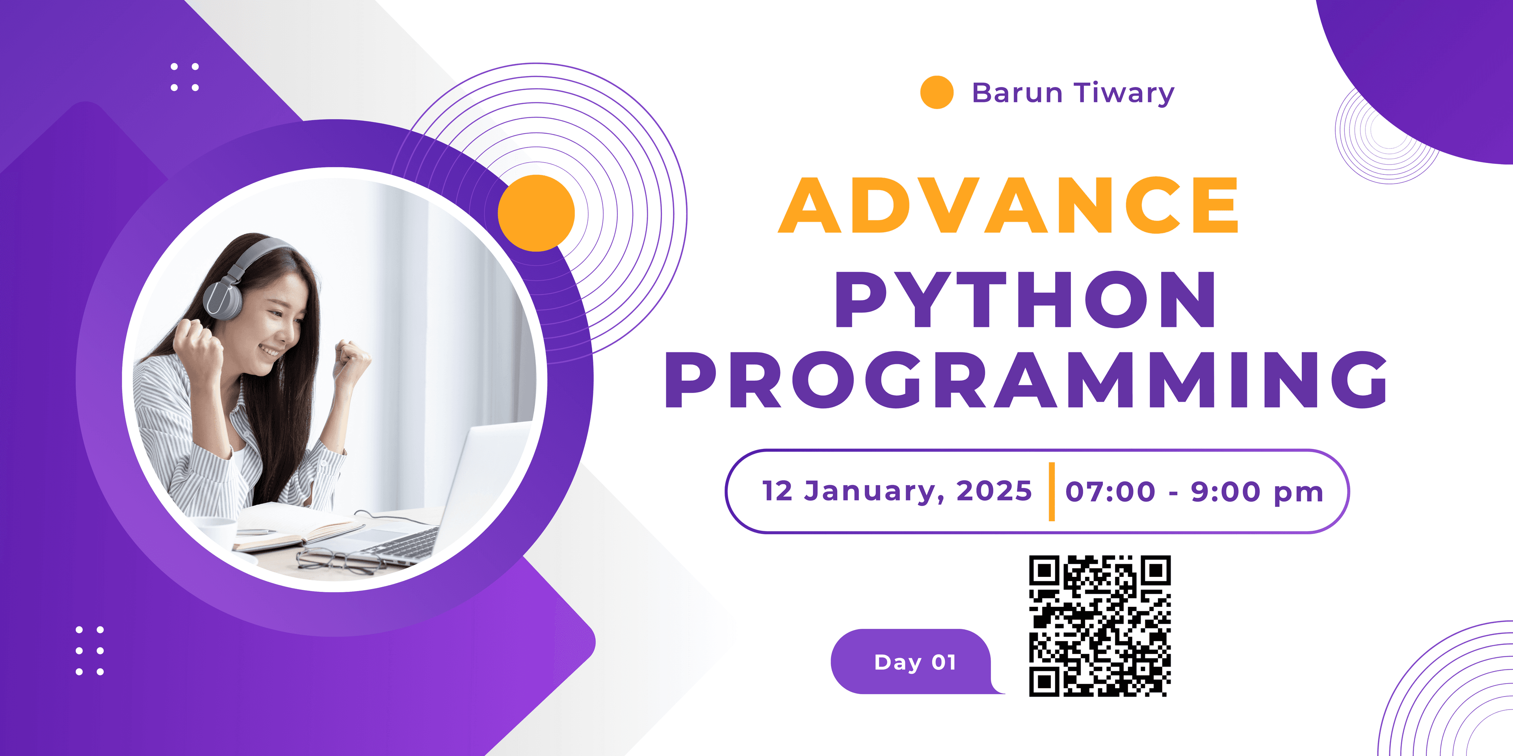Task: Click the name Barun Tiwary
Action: click(1073, 93)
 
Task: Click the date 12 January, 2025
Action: click(897, 491)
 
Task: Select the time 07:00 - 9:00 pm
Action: click(1194, 492)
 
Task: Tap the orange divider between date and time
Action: click(1051, 491)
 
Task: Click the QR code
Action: click(1100, 626)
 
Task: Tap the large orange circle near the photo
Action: click(536, 213)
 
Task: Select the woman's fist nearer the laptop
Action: click(352, 358)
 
